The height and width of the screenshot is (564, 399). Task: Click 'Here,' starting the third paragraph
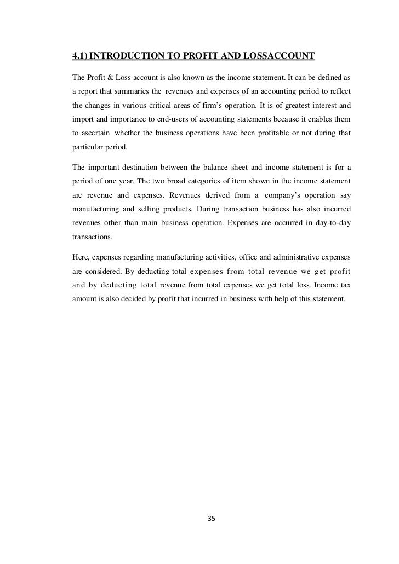81,257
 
